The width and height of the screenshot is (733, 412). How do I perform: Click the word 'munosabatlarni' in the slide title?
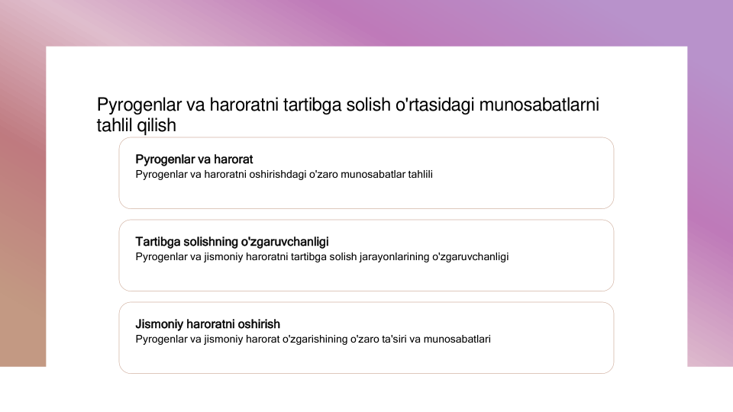point(539,105)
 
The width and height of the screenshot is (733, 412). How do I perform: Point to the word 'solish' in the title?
point(368,105)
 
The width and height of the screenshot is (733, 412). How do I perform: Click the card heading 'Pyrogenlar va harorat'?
point(194,159)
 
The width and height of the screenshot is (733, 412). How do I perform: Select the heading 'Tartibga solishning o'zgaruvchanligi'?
point(232,242)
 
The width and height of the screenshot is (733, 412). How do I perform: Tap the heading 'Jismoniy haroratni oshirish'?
point(208,323)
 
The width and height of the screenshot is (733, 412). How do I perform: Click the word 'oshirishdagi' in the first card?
point(278,174)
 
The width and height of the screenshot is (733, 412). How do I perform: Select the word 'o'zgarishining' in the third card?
point(315,339)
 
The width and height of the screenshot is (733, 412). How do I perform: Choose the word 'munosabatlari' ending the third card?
point(457,339)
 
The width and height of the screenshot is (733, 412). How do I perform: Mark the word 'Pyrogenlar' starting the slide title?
point(139,105)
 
